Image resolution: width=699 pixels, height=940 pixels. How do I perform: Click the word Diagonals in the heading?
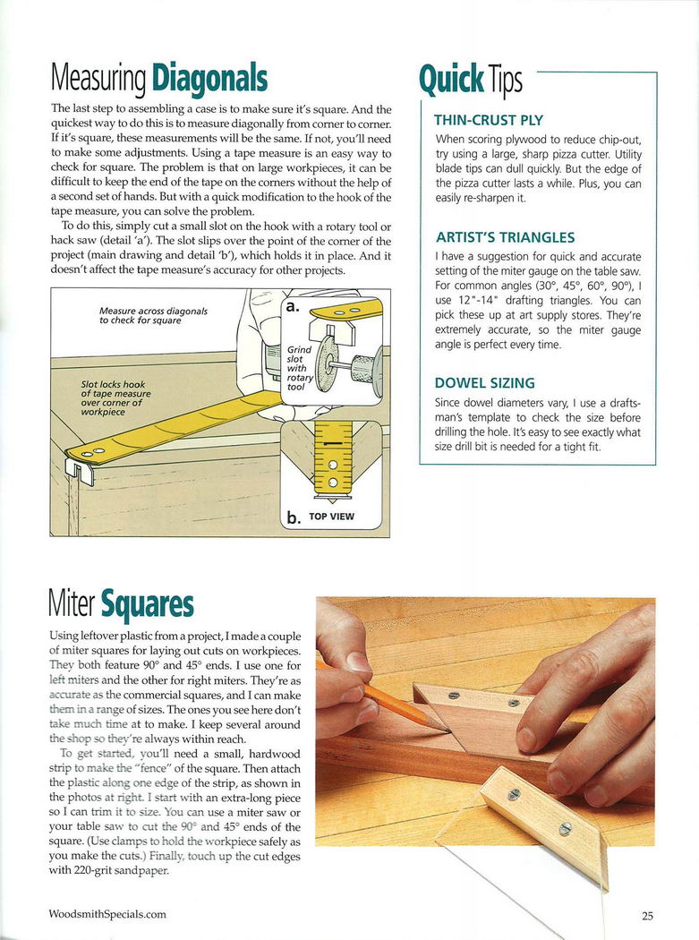(x=209, y=79)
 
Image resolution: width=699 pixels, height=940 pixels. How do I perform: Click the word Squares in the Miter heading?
(x=147, y=606)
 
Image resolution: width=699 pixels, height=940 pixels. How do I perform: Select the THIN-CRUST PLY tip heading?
(x=488, y=120)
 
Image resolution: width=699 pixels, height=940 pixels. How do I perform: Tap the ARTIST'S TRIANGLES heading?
(x=505, y=238)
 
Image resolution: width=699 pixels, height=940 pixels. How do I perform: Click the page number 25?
(x=647, y=915)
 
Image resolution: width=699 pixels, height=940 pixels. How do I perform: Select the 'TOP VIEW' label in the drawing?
(x=331, y=517)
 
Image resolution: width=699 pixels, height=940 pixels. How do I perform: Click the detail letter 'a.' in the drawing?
(x=292, y=307)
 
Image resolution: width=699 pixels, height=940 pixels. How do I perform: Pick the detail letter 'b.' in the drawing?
(x=293, y=517)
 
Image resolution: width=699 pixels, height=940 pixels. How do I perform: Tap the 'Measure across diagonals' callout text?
(x=153, y=315)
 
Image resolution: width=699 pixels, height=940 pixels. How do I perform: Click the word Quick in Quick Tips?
(x=452, y=80)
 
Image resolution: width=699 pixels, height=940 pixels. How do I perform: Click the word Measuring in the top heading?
(x=98, y=80)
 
